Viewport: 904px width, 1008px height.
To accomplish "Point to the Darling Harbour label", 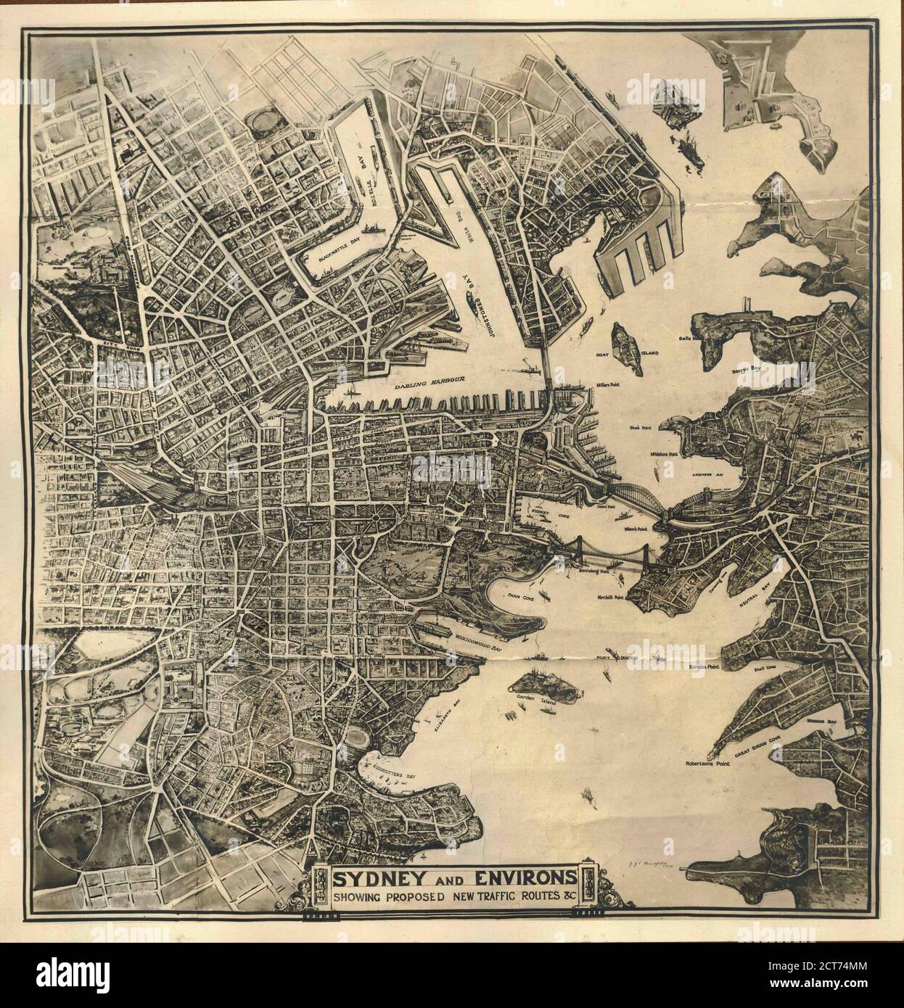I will (430, 378).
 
